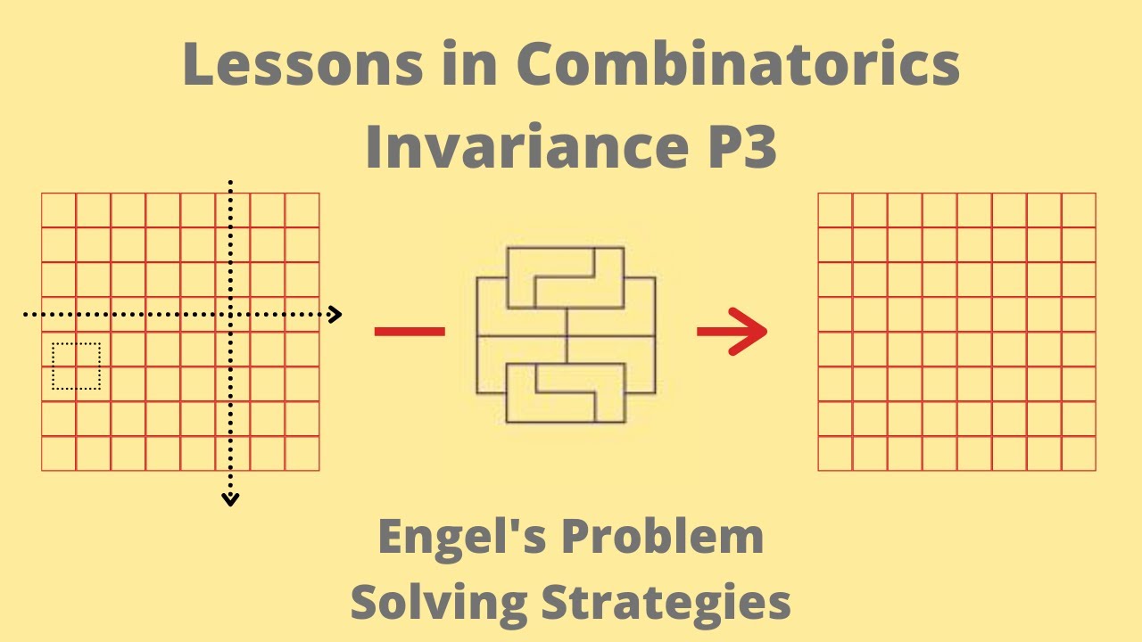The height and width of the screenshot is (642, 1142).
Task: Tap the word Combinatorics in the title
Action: point(738,64)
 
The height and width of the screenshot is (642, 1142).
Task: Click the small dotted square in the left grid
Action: point(76,366)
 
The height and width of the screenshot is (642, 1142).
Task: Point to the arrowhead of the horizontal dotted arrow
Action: point(335,314)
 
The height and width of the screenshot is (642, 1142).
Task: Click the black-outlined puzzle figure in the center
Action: point(567,334)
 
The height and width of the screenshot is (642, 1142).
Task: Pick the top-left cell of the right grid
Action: point(835,210)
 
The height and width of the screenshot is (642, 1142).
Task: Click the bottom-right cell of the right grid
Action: point(1079,454)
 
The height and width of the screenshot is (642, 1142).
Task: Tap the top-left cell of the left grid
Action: point(59,210)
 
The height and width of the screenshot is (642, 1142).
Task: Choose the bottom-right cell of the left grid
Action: point(302,454)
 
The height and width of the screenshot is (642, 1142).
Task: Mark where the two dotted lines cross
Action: point(230,314)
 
